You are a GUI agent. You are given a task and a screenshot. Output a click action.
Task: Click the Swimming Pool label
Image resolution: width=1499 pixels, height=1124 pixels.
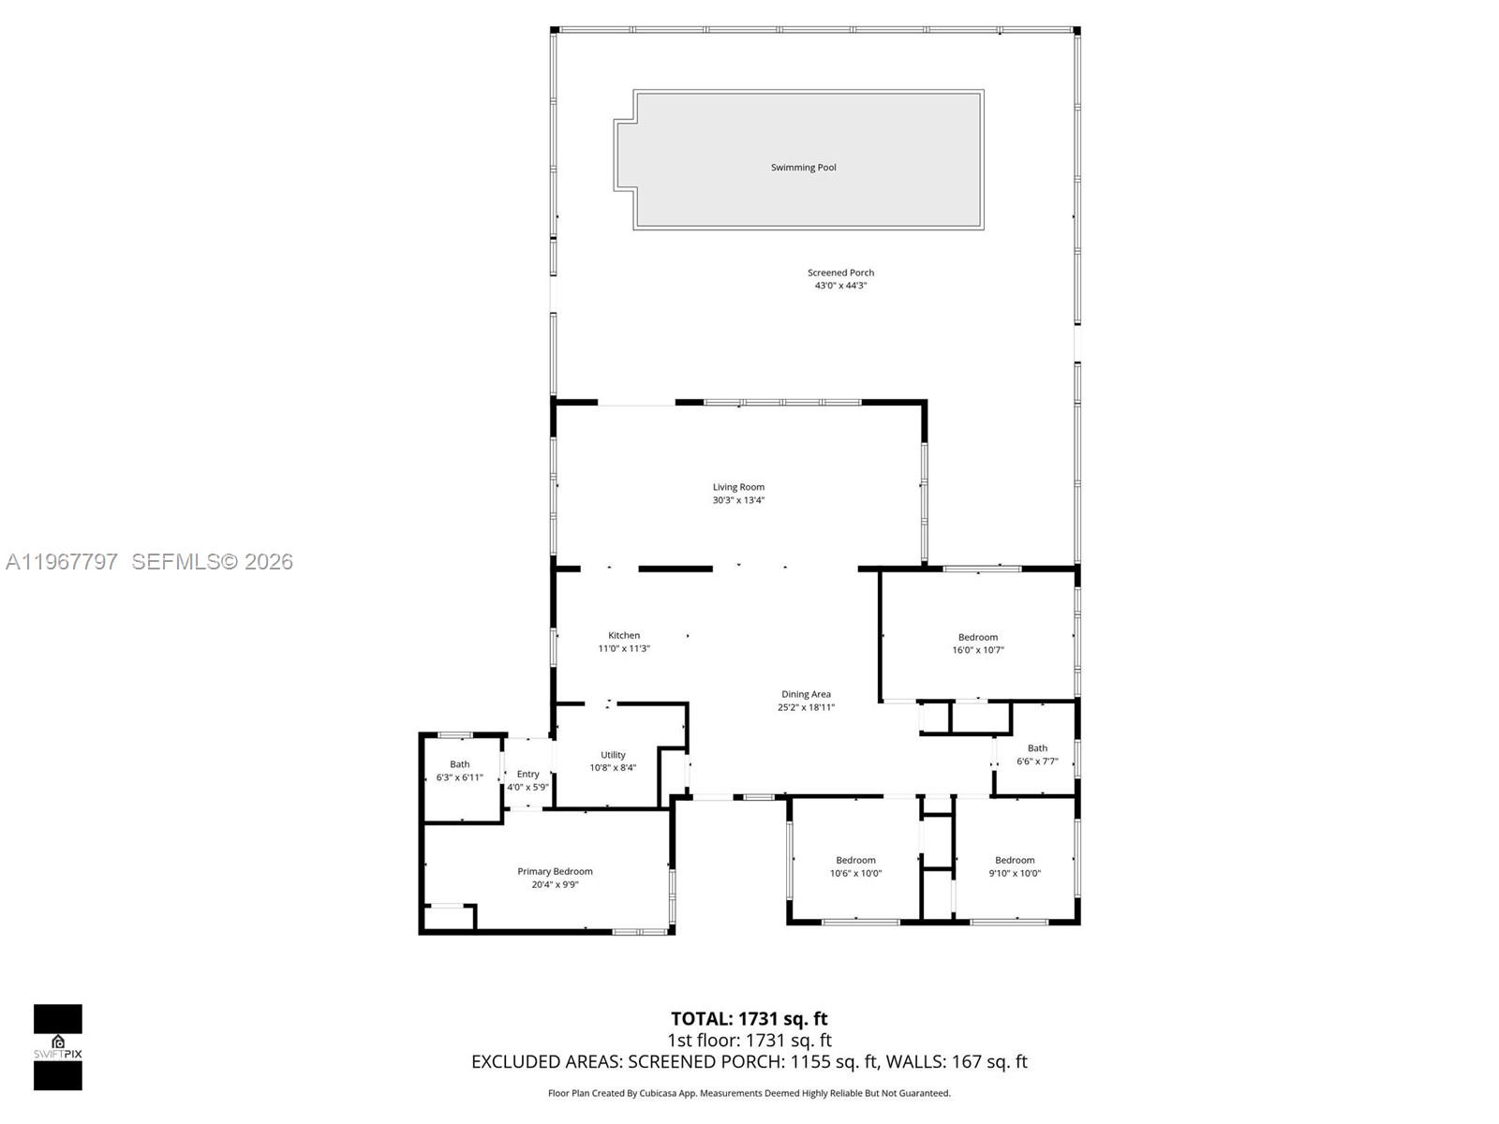803,168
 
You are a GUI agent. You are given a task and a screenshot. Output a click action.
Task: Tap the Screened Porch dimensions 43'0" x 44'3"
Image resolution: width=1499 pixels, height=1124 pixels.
840,286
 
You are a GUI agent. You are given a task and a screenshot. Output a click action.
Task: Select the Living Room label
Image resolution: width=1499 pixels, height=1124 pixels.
738,487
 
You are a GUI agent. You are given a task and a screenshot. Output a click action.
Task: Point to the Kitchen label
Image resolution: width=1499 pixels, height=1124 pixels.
624,635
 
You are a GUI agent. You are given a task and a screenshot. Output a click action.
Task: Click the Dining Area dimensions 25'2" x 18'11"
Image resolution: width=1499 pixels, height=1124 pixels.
806,707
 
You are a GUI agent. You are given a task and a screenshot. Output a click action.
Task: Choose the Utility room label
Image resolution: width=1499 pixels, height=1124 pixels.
613,755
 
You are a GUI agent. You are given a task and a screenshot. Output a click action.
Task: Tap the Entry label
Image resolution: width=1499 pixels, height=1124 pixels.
528,774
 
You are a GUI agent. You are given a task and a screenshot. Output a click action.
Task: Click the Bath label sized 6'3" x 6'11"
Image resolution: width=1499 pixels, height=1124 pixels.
459,764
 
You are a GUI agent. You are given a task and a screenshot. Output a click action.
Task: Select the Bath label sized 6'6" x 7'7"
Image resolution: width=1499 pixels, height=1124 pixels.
1037,748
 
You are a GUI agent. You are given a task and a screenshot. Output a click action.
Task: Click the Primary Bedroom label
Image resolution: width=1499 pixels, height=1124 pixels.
555,871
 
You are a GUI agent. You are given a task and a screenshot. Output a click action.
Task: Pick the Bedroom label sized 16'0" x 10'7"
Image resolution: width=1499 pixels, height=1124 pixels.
978,637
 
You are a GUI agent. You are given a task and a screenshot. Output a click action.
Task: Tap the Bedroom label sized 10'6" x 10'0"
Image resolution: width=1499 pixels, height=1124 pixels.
855,860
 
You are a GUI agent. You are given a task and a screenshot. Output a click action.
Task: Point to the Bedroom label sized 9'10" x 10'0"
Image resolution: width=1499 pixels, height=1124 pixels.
1015,860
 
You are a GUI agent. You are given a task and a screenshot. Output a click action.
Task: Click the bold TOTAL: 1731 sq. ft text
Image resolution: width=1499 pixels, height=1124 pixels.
749,1018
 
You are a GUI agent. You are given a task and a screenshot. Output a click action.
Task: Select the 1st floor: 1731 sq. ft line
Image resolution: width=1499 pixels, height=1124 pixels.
749,1040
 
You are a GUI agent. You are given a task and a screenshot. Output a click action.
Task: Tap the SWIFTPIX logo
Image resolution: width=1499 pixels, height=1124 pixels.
58,1046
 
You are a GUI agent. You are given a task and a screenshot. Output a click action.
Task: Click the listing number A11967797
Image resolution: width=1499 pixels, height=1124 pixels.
62,561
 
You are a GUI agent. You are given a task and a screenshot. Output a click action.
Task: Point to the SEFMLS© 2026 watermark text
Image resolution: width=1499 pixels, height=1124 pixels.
212,561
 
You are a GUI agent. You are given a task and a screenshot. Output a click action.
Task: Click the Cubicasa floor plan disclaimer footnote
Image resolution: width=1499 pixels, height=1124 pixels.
749,1093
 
